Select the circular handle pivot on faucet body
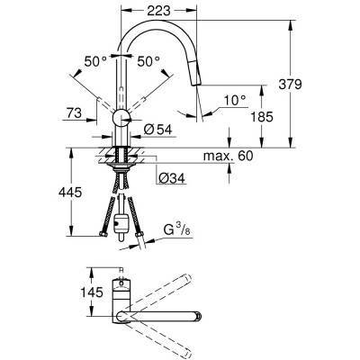(x=120, y=116)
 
